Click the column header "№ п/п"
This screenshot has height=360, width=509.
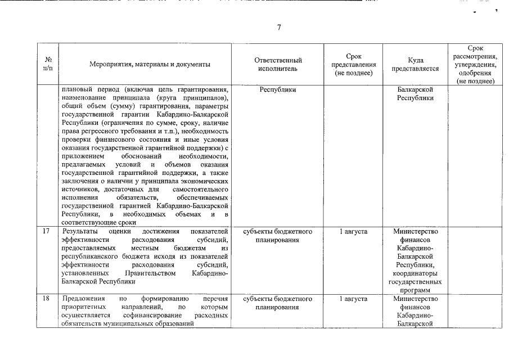pos(48,64)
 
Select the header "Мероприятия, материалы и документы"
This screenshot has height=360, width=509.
pos(150,64)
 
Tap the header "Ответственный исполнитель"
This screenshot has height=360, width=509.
pos(278,64)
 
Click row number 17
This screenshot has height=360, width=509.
pos(47,231)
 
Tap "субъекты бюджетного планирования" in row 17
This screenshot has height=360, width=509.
pos(278,235)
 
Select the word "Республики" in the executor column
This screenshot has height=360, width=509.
pos(278,89)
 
